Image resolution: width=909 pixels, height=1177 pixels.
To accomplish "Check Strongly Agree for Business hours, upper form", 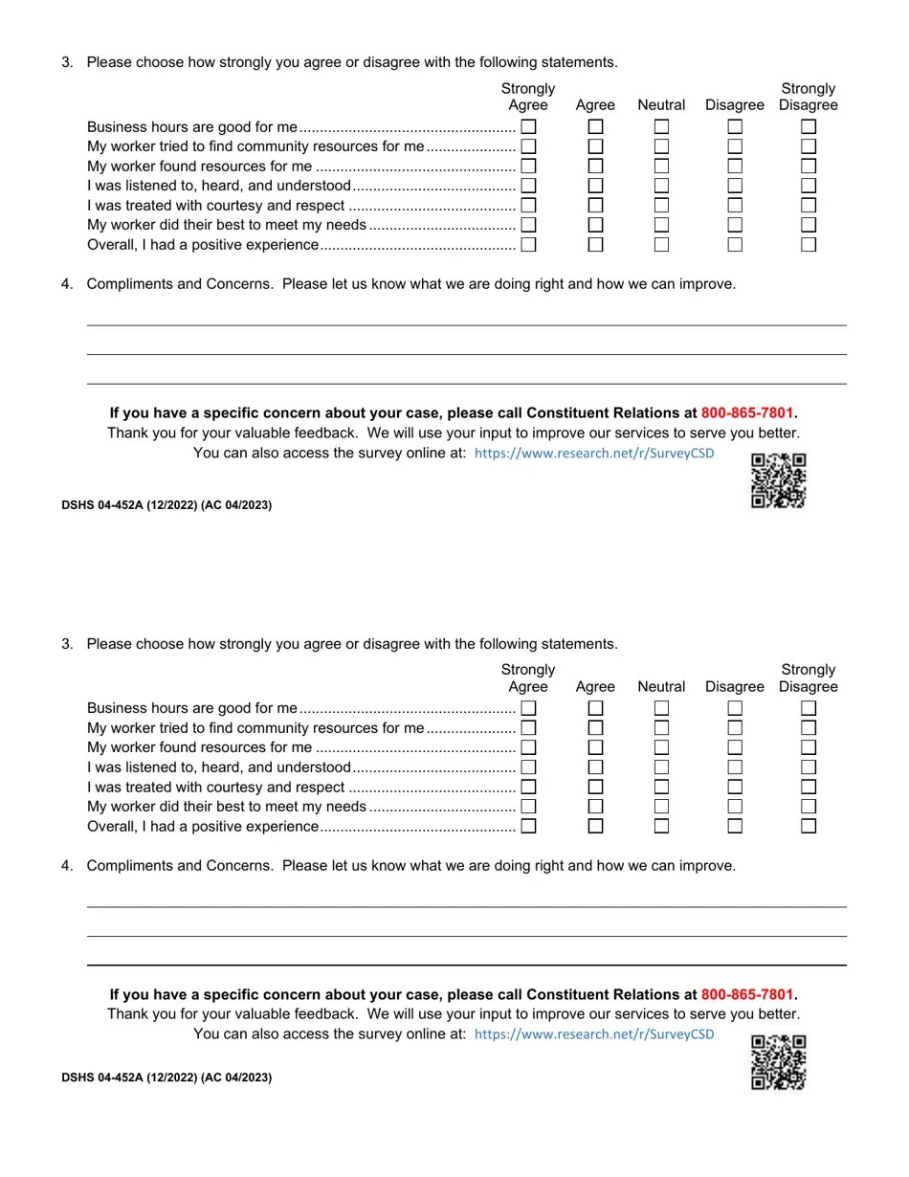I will pyautogui.click(x=528, y=126).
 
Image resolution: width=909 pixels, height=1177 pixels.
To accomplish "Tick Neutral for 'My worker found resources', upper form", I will pyautogui.click(x=661, y=166).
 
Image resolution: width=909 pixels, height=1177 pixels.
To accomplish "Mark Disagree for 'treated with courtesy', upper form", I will pyautogui.click(x=735, y=205).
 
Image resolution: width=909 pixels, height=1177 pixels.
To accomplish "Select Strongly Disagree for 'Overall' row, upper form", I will pyautogui.click(x=809, y=244).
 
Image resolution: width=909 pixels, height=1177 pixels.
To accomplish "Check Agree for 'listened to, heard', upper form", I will pyautogui.click(x=595, y=186).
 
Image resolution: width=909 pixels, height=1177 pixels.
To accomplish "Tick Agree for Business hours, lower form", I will pyautogui.click(x=595, y=708).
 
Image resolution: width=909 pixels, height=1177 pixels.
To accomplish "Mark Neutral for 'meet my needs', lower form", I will pyautogui.click(x=661, y=807).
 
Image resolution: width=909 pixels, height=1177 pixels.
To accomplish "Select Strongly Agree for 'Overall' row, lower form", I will pyautogui.click(x=528, y=826).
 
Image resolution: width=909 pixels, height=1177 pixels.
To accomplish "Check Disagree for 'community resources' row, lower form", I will pyautogui.click(x=735, y=728).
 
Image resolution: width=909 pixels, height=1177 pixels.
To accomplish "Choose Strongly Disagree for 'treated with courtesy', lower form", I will pyautogui.click(x=809, y=787).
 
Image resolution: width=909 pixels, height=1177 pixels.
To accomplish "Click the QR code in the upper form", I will pyautogui.click(x=778, y=480).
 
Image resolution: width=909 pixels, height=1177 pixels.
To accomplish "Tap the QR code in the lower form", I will pyautogui.click(x=778, y=1062).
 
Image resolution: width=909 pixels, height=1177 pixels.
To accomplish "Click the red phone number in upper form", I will pyautogui.click(x=746, y=413).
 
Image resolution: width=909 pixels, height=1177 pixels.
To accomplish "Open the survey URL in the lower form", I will pyautogui.click(x=593, y=1034).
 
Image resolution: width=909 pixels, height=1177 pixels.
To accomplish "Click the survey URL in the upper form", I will pyautogui.click(x=593, y=453).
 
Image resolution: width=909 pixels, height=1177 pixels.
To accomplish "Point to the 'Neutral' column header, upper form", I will pyautogui.click(x=661, y=105).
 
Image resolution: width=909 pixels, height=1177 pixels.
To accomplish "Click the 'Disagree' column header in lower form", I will pyautogui.click(x=735, y=687).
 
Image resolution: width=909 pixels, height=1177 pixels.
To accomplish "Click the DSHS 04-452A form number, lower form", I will pyautogui.click(x=166, y=1077).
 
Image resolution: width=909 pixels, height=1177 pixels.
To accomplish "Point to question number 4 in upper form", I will pyautogui.click(x=67, y=284).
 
